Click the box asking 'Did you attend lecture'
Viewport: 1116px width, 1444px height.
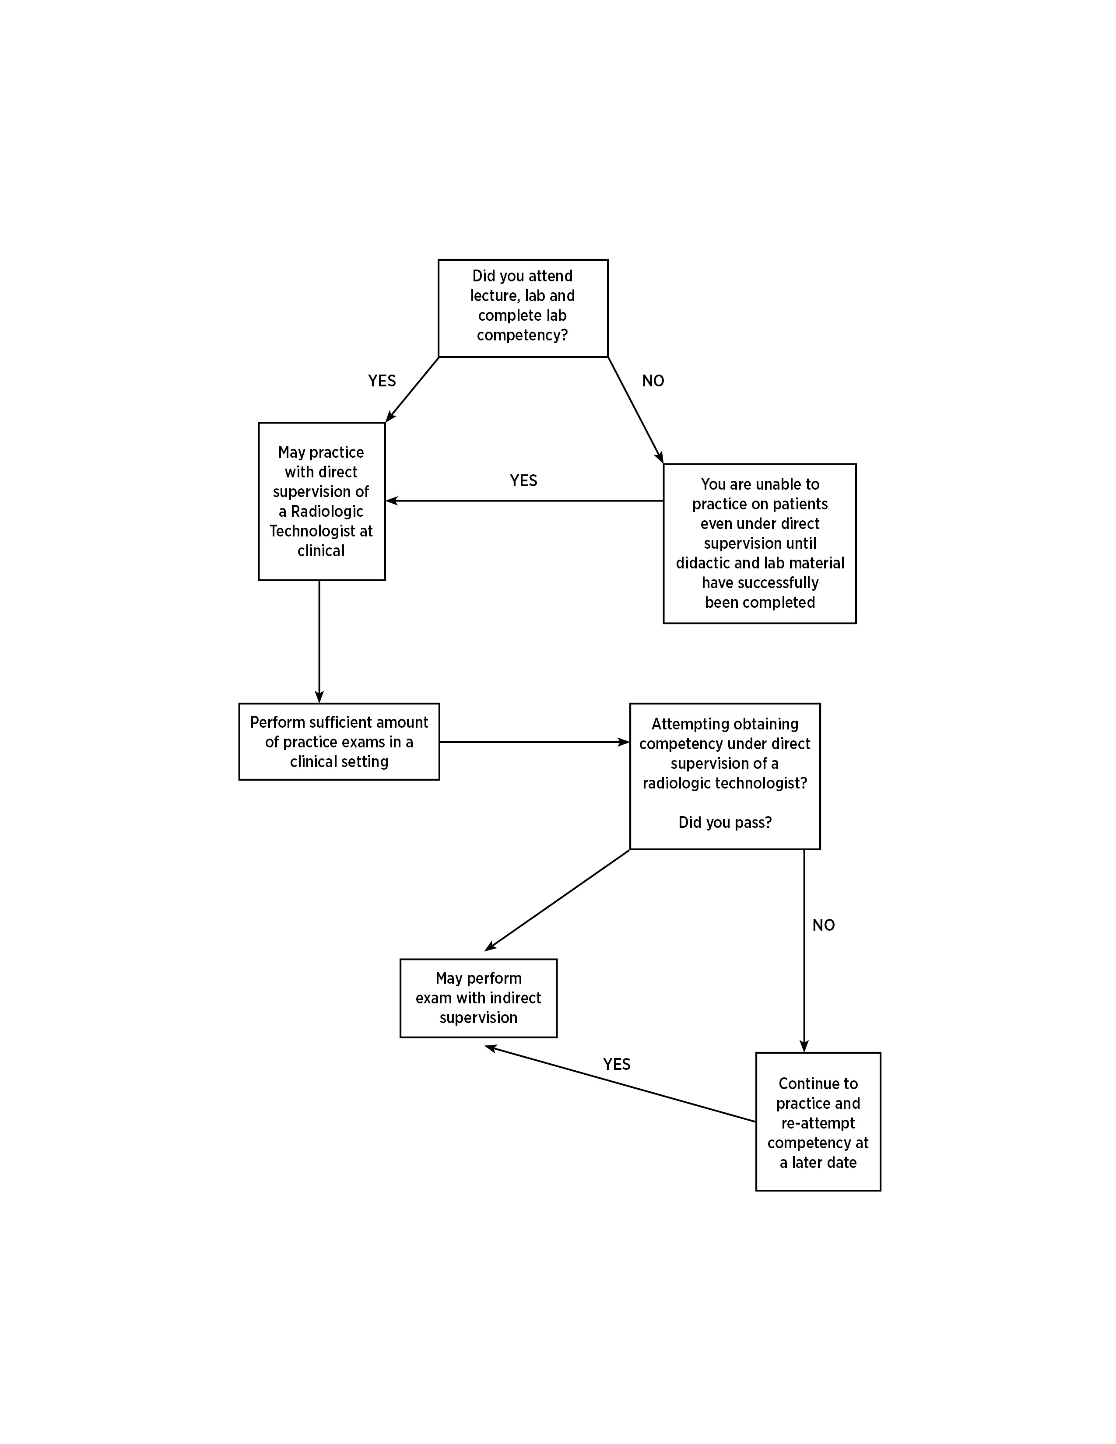(x=523, y=308)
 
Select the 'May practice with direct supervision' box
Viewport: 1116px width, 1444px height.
(x=322, y=501)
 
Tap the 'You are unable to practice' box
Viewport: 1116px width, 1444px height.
(x=760, y=543)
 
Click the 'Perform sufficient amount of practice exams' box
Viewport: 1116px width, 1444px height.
(x=339, y=742)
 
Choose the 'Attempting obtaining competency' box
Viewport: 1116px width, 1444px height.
(x=725, y=776)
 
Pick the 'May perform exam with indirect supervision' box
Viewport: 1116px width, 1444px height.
(x=479, y=999)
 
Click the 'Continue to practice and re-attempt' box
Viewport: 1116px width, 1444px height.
(x=818, y=1122)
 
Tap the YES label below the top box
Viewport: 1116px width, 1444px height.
(x=382, y=381)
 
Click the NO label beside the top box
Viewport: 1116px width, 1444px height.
(x=653, y=381)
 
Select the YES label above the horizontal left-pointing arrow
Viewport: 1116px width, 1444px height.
(x=523, y=480)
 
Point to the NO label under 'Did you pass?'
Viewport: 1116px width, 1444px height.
(x=824, y=925)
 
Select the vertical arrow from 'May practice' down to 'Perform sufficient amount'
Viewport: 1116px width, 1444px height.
(x=319, y=641)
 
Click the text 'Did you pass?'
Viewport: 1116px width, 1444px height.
(x=725, y=823)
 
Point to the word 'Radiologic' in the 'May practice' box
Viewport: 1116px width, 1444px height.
(x=327, y=511)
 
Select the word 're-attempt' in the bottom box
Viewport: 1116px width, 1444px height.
(x=818, y=1123)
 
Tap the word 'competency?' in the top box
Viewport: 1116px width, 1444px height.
(x=522, y=335)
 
